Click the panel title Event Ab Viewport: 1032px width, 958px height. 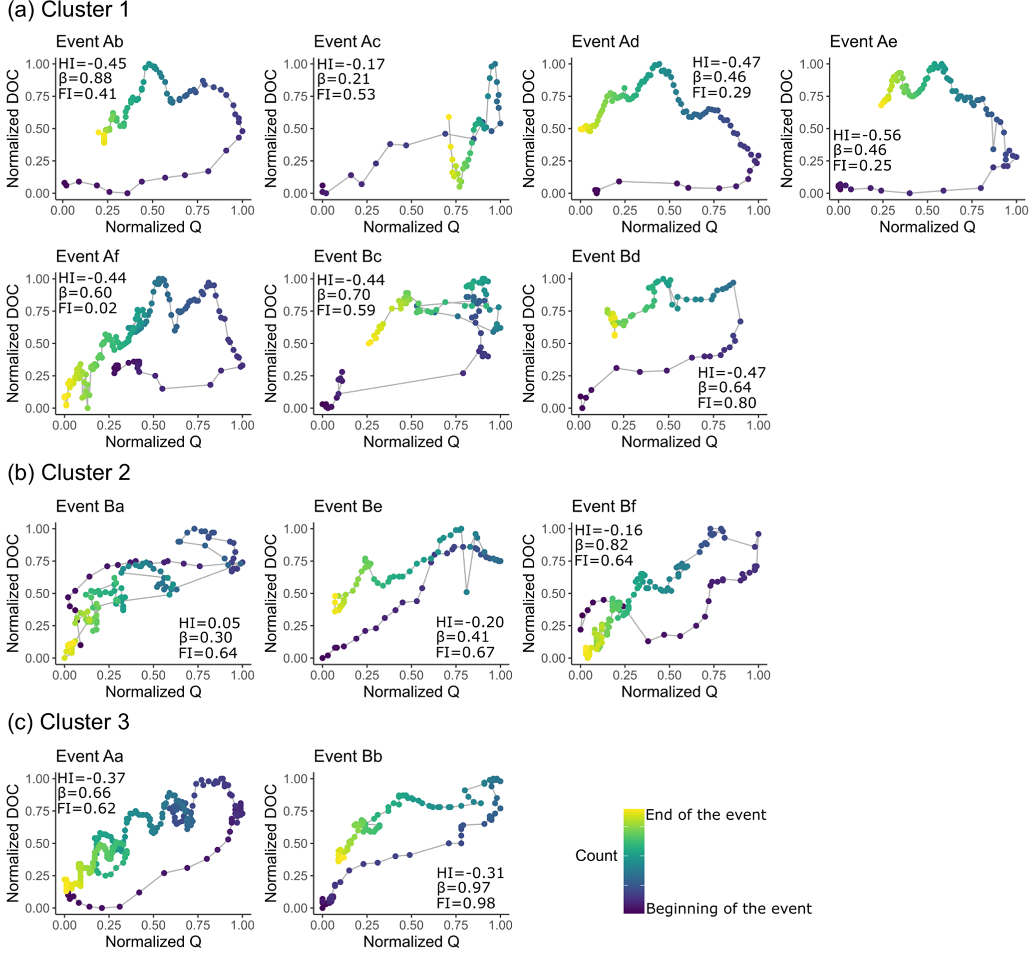pos(89,41)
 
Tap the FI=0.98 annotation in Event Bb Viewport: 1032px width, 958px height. pos(466,903)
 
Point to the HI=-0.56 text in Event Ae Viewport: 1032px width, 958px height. pos(867,135)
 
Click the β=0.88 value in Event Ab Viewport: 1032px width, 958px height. pos(85,78)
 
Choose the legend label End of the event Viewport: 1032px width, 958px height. pos(705,814)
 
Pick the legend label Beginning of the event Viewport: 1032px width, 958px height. pos(728,908)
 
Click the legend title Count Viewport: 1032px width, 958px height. pos(596,855)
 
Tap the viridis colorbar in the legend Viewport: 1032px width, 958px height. pos(633,861)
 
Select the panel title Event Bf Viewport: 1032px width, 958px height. pos(604,506)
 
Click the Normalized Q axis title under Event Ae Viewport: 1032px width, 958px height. pos(927,227)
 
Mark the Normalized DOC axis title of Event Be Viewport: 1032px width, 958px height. pos(271,593)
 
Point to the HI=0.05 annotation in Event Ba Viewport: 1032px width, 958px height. pos(210,623)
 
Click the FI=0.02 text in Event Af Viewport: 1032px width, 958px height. pos(88,308)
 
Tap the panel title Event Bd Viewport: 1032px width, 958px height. pos(606,256)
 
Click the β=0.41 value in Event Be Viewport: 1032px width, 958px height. pos(463,637)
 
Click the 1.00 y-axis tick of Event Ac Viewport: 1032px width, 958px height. pos(296,64)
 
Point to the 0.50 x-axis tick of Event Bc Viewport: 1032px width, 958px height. pos(411,425)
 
